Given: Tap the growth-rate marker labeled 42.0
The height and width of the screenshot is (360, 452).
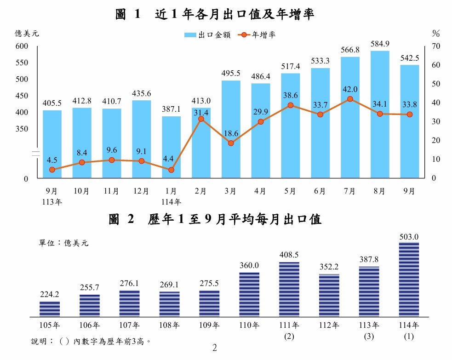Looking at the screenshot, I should click(350, 99).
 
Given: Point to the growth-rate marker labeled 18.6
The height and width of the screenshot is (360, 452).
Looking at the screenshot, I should click(231, 143).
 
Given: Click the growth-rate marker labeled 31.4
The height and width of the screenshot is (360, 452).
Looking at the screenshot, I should click(201, 119).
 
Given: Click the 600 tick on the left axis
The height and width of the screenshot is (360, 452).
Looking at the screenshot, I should click(23, 46).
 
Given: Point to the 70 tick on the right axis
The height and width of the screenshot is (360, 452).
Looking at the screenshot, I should click(435, 46).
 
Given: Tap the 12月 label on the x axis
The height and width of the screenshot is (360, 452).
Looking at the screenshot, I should click(141, 191).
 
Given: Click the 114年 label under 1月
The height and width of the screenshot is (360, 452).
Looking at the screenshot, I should click(171, 201).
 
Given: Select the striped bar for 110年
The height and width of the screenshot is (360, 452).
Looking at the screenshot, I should click(249, 294).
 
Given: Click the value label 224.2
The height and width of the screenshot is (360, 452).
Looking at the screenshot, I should click(50, 294).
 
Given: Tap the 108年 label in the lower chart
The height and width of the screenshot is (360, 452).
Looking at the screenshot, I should click(170, 326).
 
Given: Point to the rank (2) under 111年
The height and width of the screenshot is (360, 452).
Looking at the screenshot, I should click(289, 336).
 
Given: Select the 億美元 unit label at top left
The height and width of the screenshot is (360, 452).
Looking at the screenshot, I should click(27, 34).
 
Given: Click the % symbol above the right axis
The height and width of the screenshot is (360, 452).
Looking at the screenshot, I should click(436, 34).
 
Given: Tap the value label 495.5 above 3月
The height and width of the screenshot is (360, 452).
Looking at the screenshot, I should click(231, 73).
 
